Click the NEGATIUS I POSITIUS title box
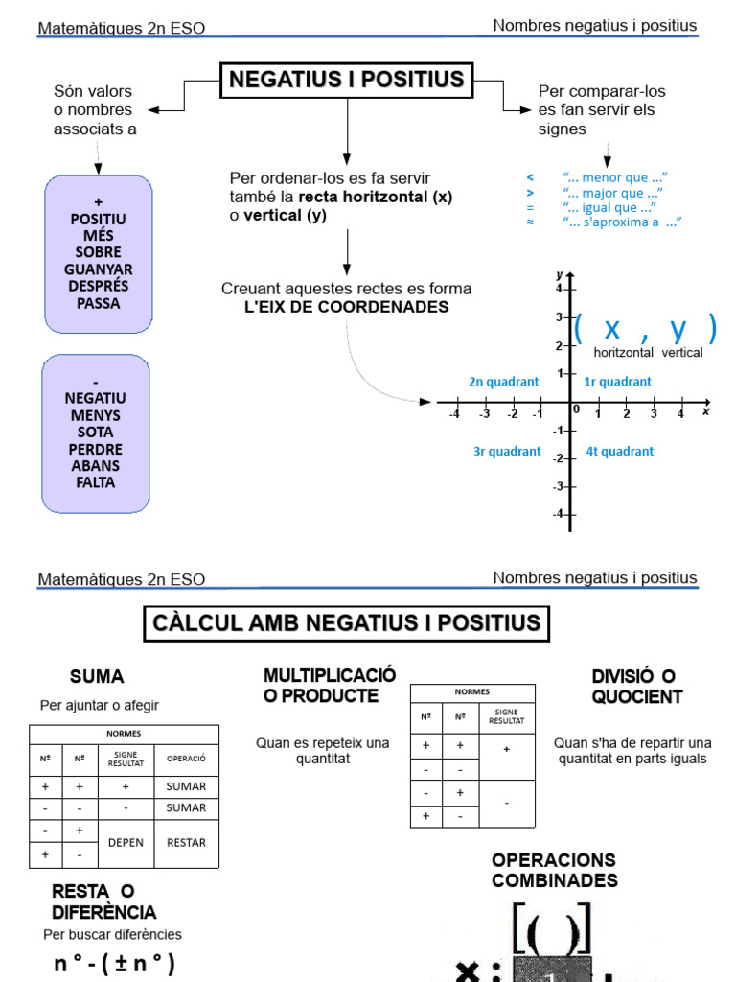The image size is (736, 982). click(x=347, y=80)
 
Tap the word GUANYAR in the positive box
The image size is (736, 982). click(x=99, y=269)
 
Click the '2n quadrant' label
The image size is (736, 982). click(x=503, y=381)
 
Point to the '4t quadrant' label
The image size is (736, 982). click(x=619, y=451)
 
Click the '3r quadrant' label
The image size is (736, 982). click(x=507, y=451)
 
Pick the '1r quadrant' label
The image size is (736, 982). click(x=617, y=381)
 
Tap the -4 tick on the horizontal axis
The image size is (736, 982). click(x=454, y=414)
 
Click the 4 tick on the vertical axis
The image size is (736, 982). click(x=559, y=288)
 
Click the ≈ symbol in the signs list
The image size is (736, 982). click(x=530, y=222)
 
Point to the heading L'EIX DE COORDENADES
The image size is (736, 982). click(x=346, y=307)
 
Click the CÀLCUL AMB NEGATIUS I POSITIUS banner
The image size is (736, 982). click(x=346, y=623)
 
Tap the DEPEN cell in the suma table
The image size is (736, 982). click(x=126, y=842)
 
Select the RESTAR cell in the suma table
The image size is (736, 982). click(x=186, y=842)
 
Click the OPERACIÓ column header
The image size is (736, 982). click(x=186, y=759)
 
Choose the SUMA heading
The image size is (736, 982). click(x=97, y=676)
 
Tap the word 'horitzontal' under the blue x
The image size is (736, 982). click(x=623, y=353)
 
